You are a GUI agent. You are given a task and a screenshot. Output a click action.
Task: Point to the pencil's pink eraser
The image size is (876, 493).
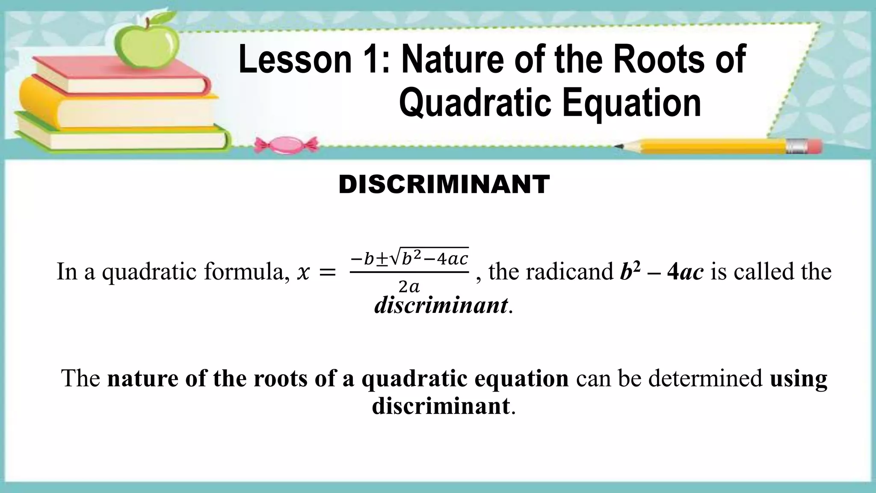815,146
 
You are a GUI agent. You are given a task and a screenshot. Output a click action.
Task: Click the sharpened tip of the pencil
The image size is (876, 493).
619,146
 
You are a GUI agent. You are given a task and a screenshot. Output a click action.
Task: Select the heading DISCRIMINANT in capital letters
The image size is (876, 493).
444,184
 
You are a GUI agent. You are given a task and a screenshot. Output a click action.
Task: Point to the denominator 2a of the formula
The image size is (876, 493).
409,287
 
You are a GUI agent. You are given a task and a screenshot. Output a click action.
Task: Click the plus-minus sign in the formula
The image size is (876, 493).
382,258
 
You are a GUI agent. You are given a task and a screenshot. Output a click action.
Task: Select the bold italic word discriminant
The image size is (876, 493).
441,305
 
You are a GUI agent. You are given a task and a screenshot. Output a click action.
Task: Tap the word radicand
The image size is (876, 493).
570,271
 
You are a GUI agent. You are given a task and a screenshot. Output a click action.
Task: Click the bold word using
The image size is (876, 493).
798,378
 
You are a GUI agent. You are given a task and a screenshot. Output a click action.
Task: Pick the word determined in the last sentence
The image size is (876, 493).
705,378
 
